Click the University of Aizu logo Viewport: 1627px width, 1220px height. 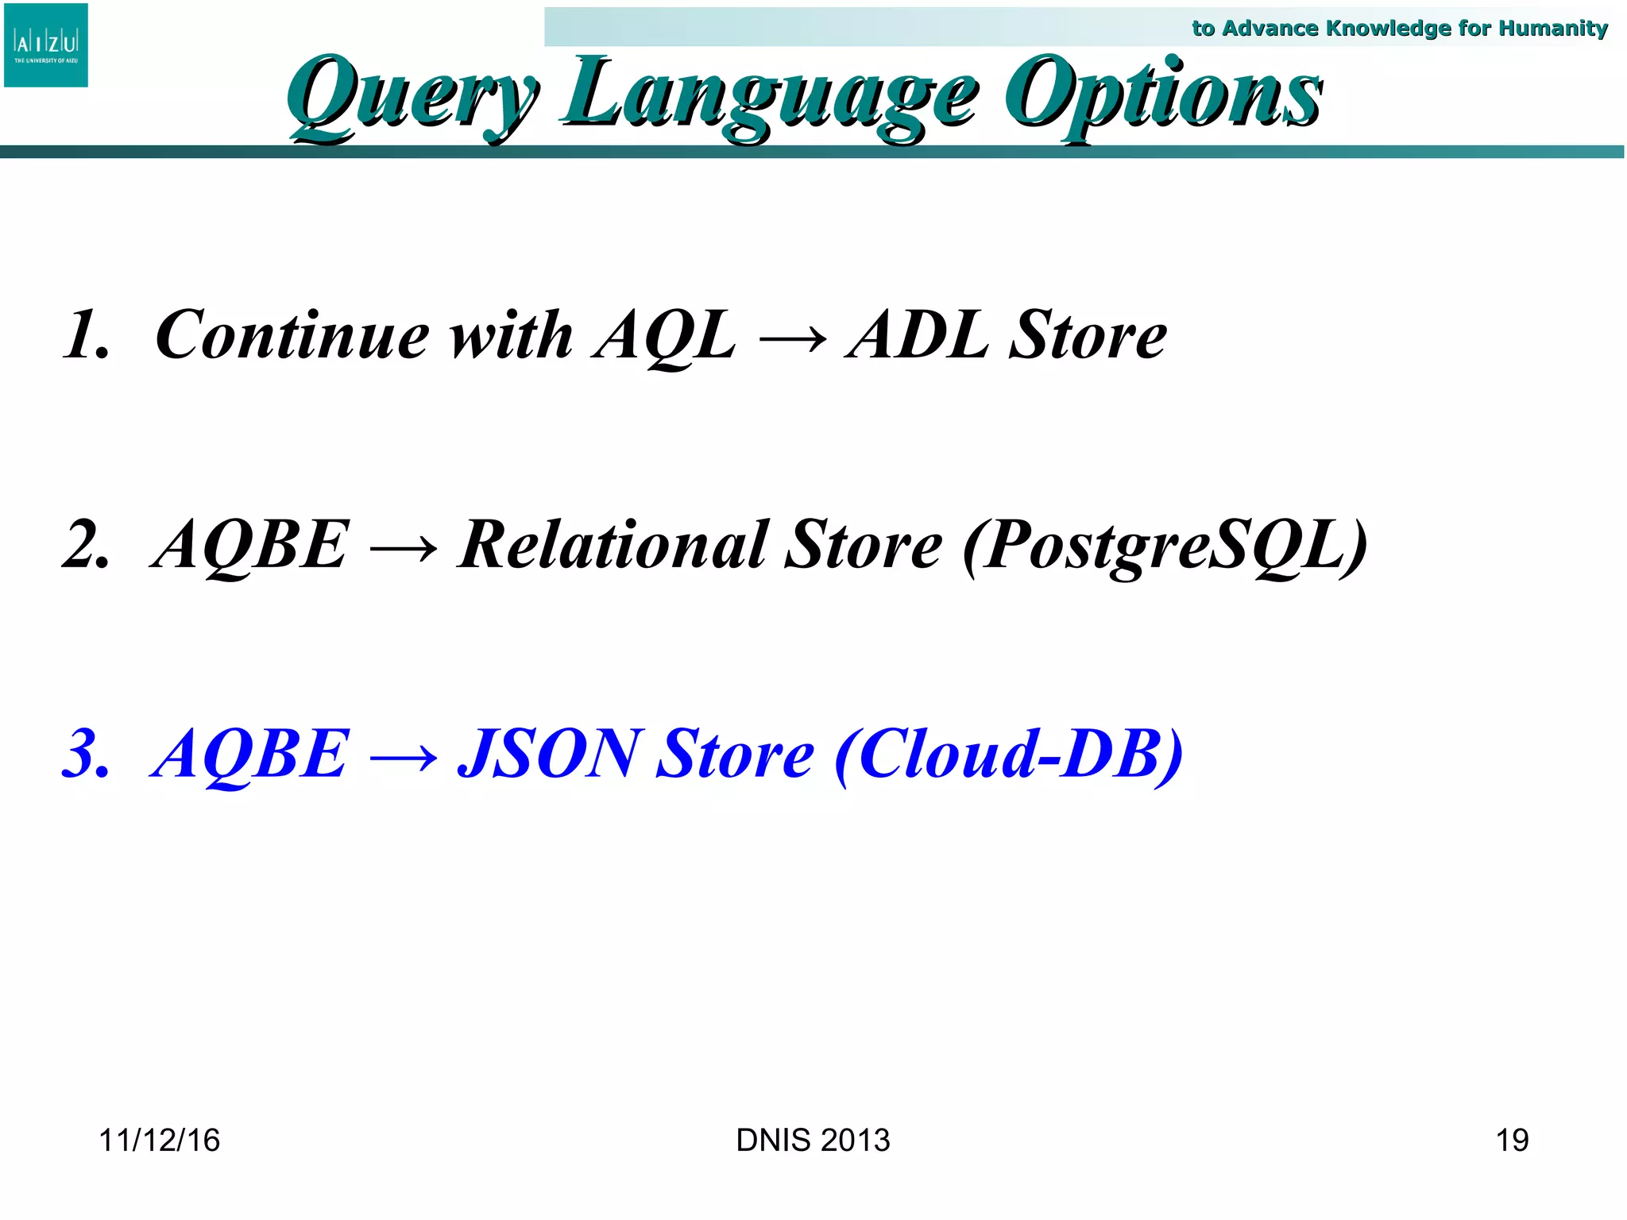pyautogui.click(x=46, y=45)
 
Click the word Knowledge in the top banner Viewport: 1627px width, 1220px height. pyautogui.click(x=1389, y=29)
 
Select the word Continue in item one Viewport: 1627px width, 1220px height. pyautogui.click(x=292, y=335)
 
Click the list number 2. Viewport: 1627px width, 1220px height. pyautogui.click(x=85, y=545)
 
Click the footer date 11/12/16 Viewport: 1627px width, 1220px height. pyautogui.click(x=159, y=1141)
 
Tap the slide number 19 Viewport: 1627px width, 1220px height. pyautogui.click(x=1511, y=1141)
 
